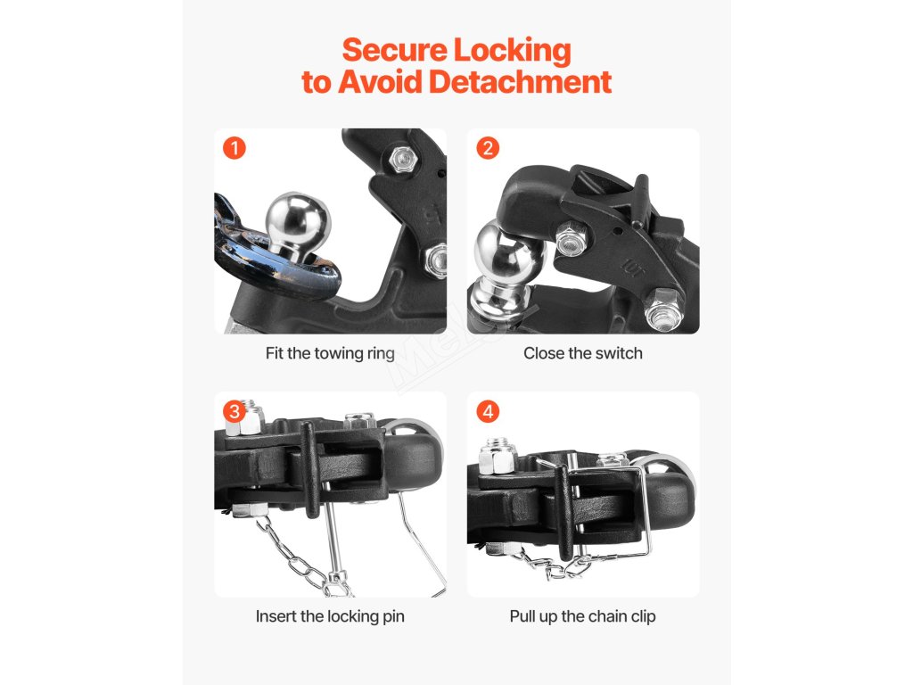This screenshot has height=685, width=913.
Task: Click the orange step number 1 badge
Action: coord(234,148)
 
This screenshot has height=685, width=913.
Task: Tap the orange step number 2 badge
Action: coord(488,148)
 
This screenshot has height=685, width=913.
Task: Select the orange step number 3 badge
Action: coord(234,412)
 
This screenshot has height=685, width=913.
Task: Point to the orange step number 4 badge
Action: coord(488,412)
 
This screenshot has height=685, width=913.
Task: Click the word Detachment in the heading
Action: coord(520,81)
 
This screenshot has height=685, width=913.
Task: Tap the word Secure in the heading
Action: coord(395,50)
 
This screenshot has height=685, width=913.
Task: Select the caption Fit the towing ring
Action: coord(330,353)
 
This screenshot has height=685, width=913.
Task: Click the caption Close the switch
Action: coord(583,353)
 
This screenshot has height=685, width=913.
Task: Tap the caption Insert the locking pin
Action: coord(330,617)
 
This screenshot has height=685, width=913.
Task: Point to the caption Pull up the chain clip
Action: coord(583,617)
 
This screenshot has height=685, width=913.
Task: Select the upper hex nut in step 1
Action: coord(402,159)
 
